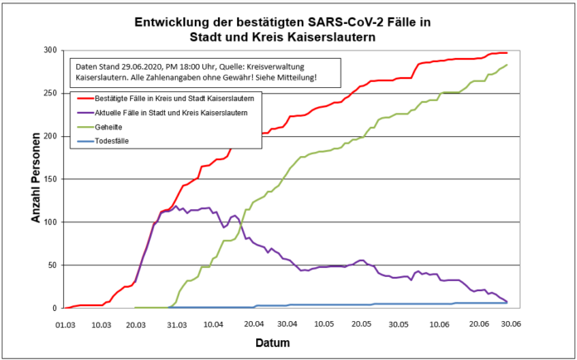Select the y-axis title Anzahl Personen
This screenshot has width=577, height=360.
click(x=36, y=179)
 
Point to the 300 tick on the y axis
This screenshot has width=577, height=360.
click(x=50, y=50)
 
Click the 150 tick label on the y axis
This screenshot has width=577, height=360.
click(x=50, y=179)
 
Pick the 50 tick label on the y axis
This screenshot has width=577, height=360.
click(x=52, y=265)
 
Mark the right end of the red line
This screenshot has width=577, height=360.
click(x=507, y=52)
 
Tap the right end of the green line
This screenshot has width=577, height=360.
click(x=507, y=65)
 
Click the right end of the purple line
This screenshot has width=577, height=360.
click(x=507, y=302)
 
